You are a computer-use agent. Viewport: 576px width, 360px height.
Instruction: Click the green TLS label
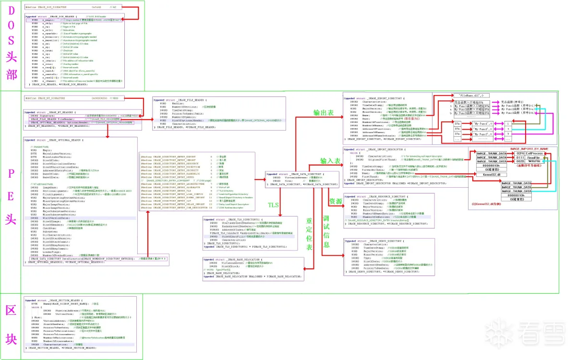coord(273,205)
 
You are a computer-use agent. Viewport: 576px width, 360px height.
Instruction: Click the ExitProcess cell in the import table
coord(534,153)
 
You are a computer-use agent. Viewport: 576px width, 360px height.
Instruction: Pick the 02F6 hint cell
coord(521,153)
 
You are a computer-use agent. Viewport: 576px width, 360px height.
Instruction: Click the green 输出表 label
coord(324,113)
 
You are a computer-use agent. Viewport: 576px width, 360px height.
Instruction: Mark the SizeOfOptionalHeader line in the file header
coord(192,120)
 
